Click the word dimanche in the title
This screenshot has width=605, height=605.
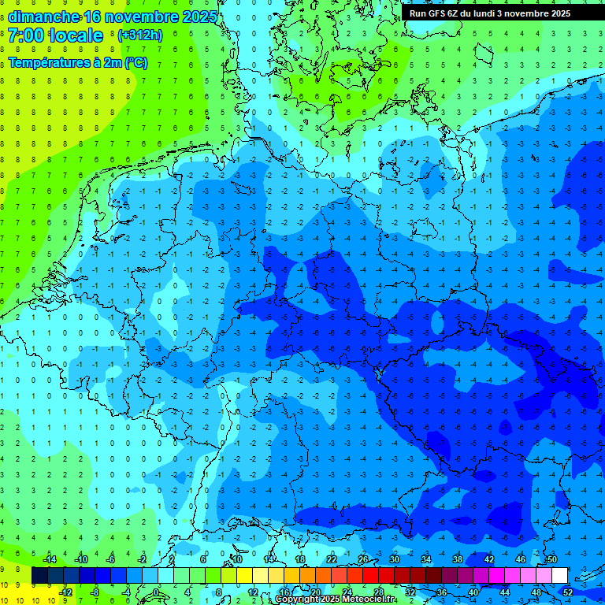43,17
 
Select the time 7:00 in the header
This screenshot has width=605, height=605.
25,35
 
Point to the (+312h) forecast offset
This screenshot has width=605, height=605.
139,35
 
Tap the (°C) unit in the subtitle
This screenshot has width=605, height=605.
135,62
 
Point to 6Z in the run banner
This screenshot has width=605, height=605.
455,13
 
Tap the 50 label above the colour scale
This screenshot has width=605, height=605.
551,559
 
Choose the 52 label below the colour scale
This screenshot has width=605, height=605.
568,592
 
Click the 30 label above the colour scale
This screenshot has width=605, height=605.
394,559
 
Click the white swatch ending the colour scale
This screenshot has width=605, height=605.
559,576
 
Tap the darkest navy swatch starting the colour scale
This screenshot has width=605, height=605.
40,576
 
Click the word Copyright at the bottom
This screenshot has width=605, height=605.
298,599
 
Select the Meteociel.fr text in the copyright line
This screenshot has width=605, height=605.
369,599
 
